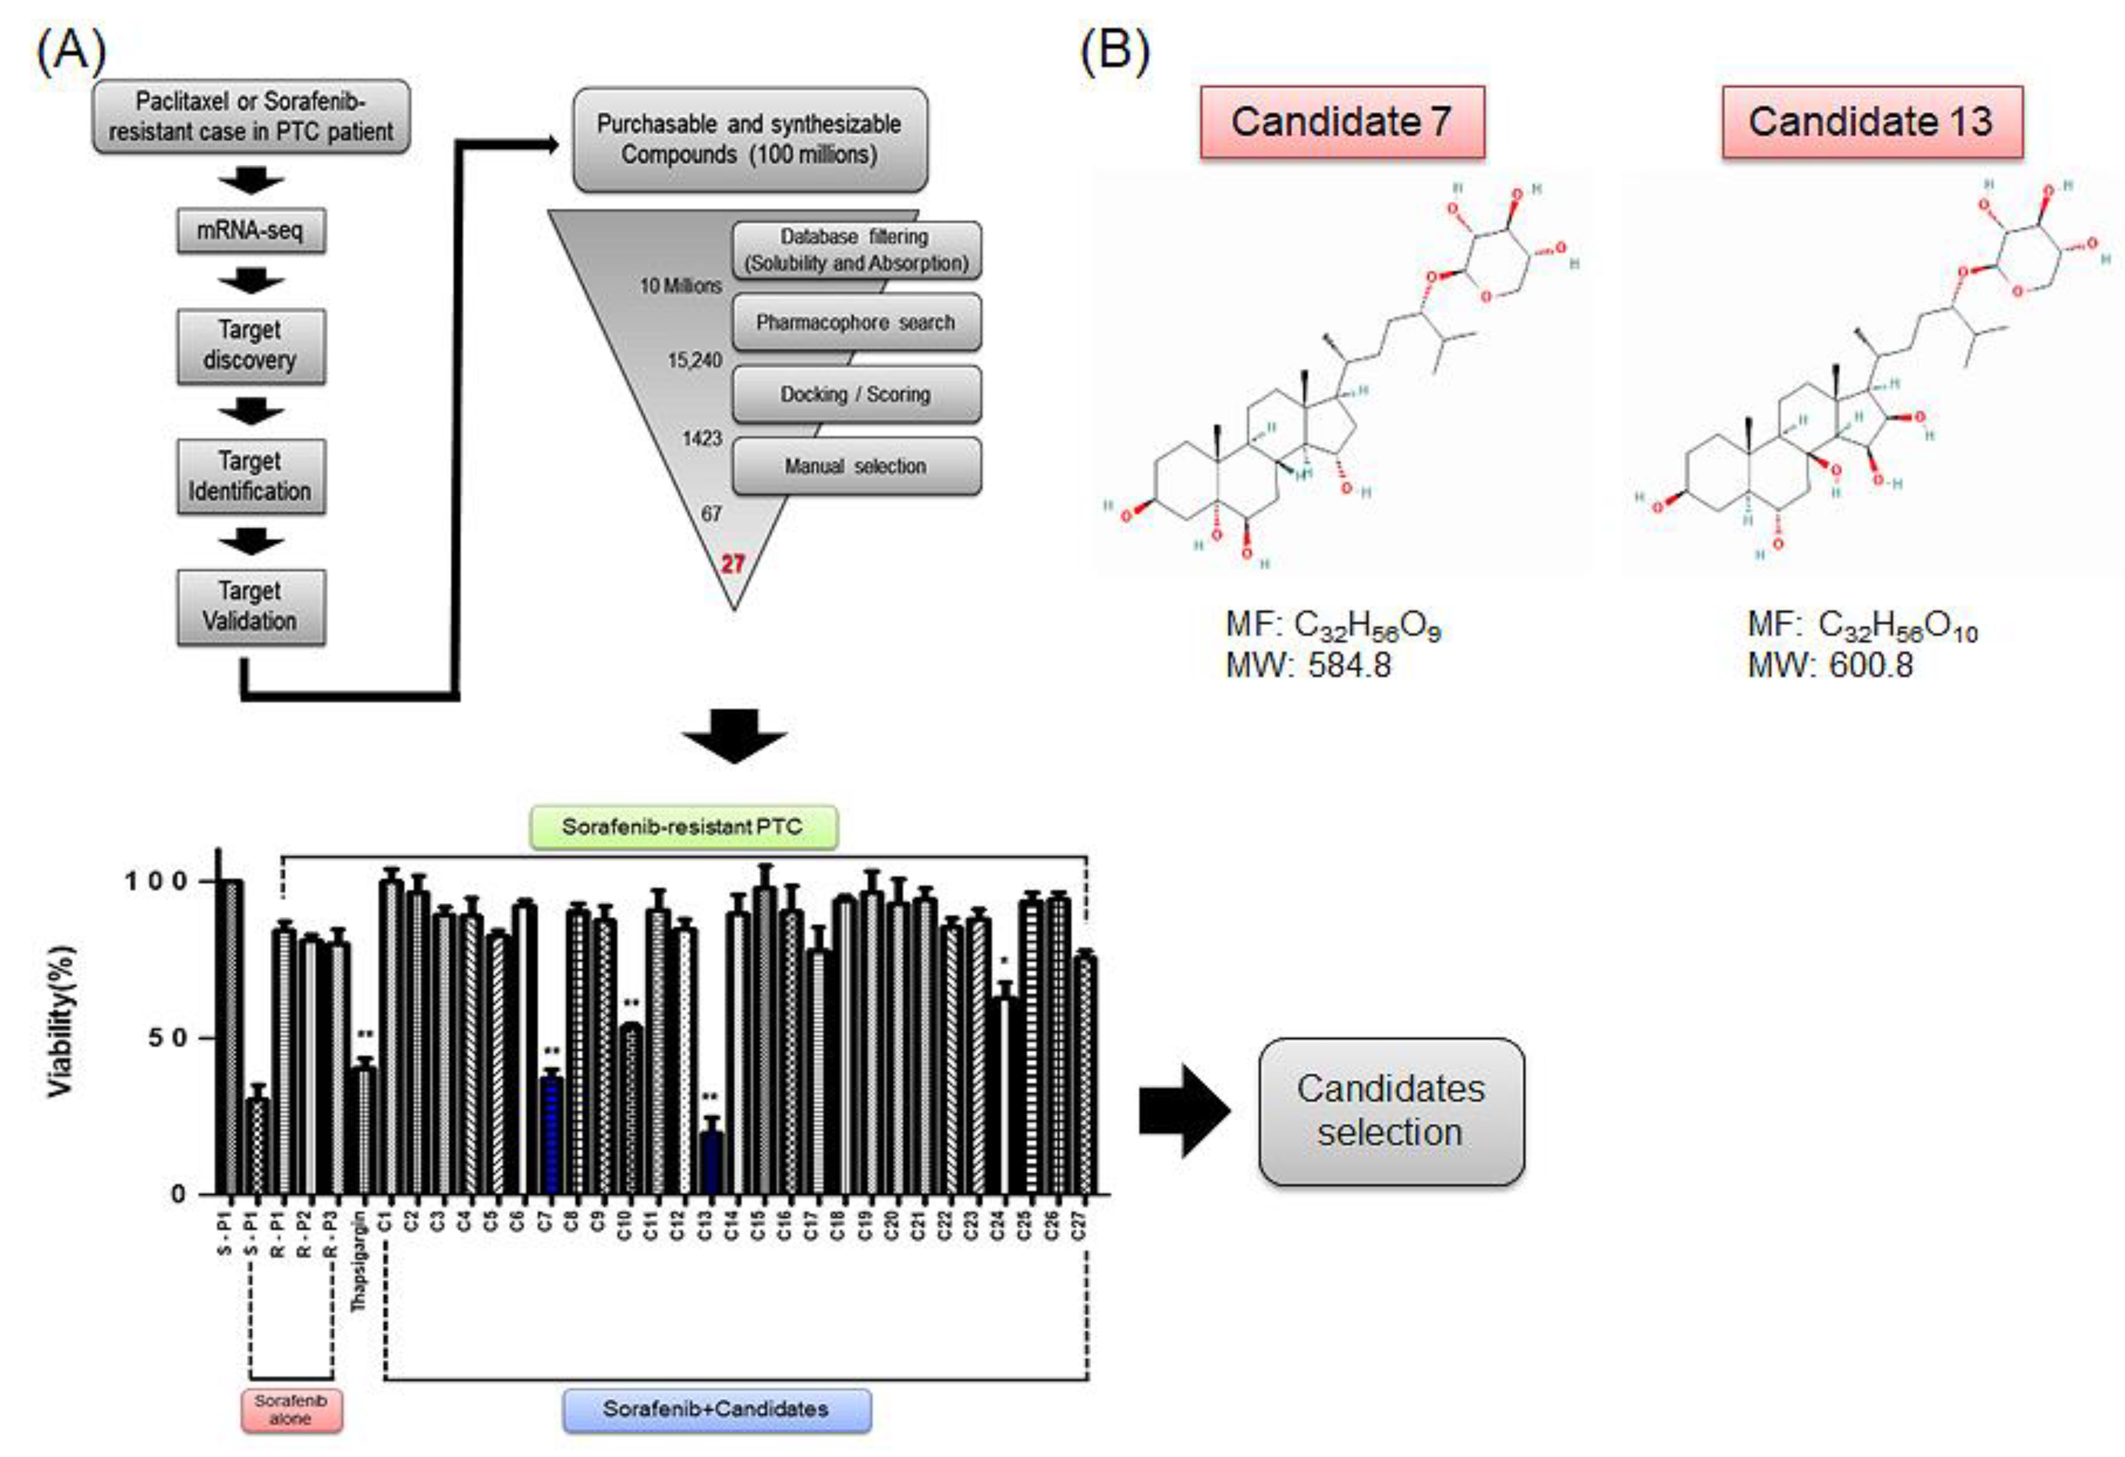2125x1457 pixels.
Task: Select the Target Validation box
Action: (250, 606)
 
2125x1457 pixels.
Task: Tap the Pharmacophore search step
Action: (856, 322)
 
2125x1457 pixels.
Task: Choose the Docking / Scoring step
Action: (856, 394)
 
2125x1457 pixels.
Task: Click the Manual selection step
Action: (856, 466)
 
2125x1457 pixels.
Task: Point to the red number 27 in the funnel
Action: (732, 563)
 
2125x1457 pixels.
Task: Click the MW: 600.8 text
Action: (1830, 665)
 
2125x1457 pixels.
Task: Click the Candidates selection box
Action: (1391, 1111)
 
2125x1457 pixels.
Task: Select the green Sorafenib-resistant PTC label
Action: (682, 827)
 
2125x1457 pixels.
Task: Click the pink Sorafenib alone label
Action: (291, 1409)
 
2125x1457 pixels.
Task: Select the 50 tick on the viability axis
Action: (168, 1038)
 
